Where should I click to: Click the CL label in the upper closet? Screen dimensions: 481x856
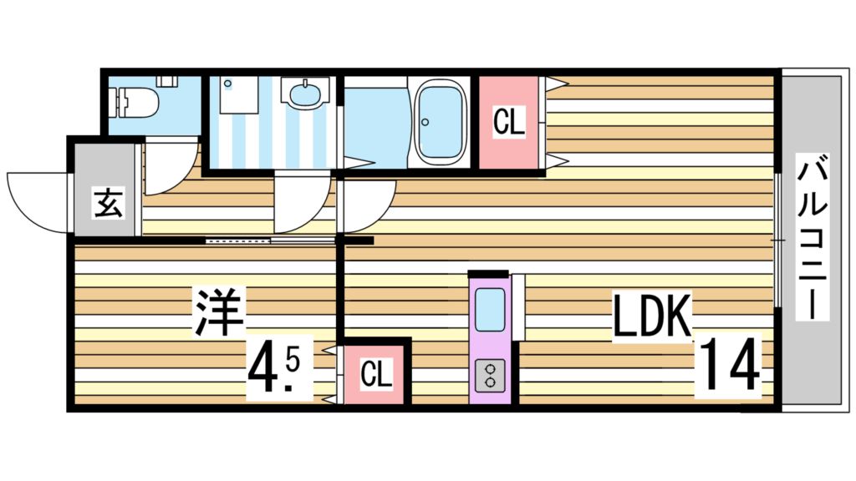click(509, 123)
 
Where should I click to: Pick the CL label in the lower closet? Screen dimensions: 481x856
click(376, 375)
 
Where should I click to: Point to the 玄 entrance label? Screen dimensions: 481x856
click(106, 204)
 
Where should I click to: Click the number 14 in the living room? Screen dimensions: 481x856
click(729, 364)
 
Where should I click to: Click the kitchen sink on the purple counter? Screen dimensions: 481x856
click(490, 309)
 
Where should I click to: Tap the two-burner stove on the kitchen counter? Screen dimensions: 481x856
click(490, 375)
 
